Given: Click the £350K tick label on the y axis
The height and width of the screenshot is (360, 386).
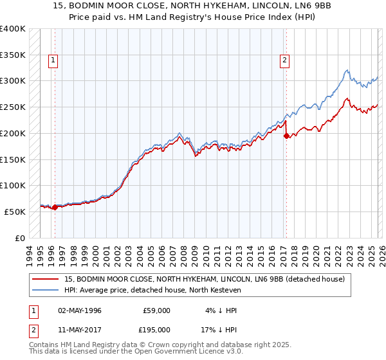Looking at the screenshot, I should coord(13,55).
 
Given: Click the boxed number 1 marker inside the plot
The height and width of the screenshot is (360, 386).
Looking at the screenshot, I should coord(53,61).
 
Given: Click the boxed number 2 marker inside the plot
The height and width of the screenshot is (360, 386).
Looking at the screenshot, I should coord(284,61).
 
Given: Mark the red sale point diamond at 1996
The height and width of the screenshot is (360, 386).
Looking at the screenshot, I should coord(55,207).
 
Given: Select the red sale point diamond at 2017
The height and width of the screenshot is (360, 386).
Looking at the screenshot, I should coord(286,136).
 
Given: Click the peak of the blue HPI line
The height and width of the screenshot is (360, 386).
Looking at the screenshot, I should coord(347,70).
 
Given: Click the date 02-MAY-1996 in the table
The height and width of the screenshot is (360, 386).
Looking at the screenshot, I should coord(79,310).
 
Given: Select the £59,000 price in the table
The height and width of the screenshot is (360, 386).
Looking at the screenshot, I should coord(157,310).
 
